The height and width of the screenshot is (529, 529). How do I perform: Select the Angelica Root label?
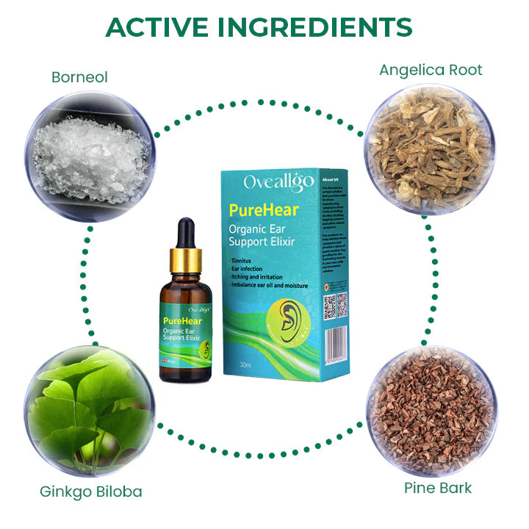click(431, 71)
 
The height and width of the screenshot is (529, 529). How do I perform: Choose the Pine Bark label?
click(438, 487)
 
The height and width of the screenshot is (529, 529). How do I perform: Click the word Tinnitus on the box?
click(247, 261)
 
